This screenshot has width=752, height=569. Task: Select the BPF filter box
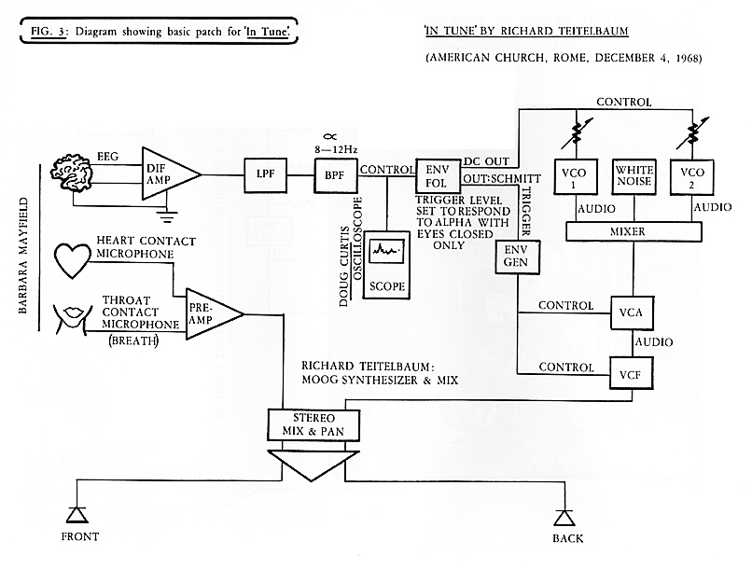[x=329, y=174]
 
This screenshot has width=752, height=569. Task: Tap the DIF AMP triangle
[x=167, y=173]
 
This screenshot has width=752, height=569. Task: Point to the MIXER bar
[x=634, y=229]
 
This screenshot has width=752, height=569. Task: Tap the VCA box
[x=633, y=312]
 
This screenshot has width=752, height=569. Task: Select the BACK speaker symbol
[x=562, y=515]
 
